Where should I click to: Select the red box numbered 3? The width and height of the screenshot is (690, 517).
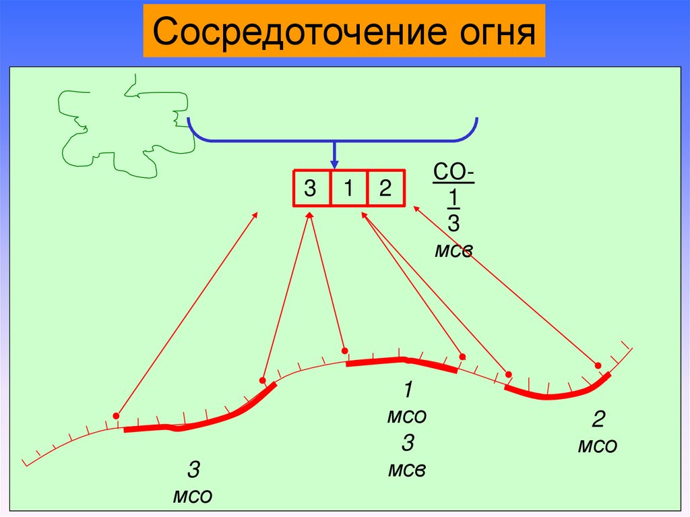coord(311,189)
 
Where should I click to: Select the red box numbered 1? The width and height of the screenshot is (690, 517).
coord(348,189)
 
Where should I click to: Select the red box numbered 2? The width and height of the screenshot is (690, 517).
coord(385,189)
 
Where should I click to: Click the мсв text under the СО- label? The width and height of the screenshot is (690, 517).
coord(453,251)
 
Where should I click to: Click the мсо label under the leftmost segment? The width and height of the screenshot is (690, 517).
coord(193,496)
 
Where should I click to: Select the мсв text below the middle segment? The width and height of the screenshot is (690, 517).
coord(407,469)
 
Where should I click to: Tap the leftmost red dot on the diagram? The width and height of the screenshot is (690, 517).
coord(117,415)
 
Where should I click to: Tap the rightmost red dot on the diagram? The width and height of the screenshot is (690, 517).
coord(599,365)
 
